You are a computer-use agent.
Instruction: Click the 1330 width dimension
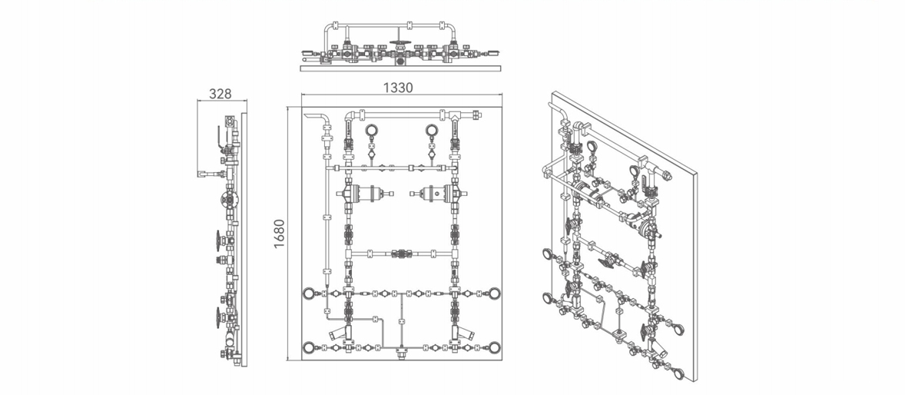(x=398, y=87)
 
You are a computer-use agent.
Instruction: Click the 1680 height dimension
(x=279, y=234)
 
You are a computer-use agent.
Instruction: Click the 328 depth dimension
(x=219, y=94)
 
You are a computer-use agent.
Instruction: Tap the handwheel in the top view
(x=398, y=42)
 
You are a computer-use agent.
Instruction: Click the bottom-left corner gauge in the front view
(x=310, y=347)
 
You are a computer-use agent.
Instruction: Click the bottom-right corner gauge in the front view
(x=495, y=347)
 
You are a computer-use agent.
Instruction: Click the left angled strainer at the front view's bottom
(x=340, y=332)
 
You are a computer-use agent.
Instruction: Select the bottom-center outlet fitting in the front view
(x=400, y=350)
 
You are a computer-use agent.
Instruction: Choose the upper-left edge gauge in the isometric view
(x=545, y=254)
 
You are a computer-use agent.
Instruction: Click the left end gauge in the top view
(x=308, y=53)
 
